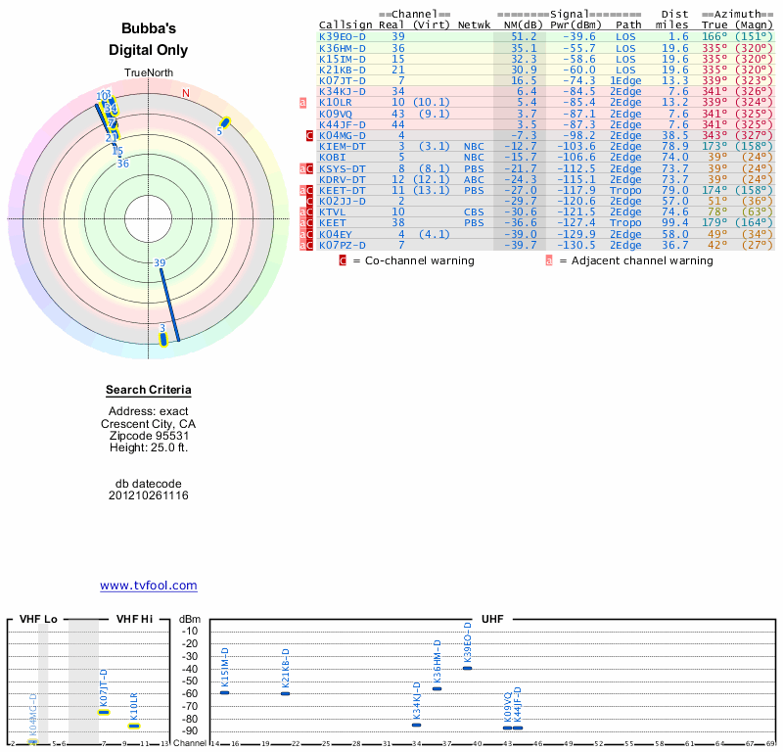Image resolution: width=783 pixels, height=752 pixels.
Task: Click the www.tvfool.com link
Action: coord(148,586)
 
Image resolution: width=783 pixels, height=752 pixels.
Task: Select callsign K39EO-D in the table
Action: coord(343,37)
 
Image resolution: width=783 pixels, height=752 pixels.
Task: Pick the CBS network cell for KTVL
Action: coord(474,211)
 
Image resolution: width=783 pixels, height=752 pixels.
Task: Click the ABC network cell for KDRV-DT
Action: coord(474,179)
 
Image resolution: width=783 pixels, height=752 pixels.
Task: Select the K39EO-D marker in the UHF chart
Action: coord(467,668)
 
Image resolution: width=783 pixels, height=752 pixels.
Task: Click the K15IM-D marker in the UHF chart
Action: coord(224,692)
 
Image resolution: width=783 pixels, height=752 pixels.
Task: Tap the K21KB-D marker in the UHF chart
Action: coord(285,693)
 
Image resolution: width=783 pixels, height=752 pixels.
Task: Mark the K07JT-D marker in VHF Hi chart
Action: coord(104,712)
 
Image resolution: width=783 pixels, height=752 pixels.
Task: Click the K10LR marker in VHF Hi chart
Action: coord(134,726)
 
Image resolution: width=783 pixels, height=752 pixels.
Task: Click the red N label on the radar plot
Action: coord(186,94)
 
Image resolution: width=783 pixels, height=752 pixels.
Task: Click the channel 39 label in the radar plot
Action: coord(160,262)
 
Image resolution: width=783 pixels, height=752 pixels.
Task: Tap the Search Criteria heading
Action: coord(148,390)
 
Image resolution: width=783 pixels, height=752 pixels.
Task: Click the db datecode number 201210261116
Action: coord(148,496)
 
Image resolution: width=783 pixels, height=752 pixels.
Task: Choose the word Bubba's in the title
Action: coord(148,29)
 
